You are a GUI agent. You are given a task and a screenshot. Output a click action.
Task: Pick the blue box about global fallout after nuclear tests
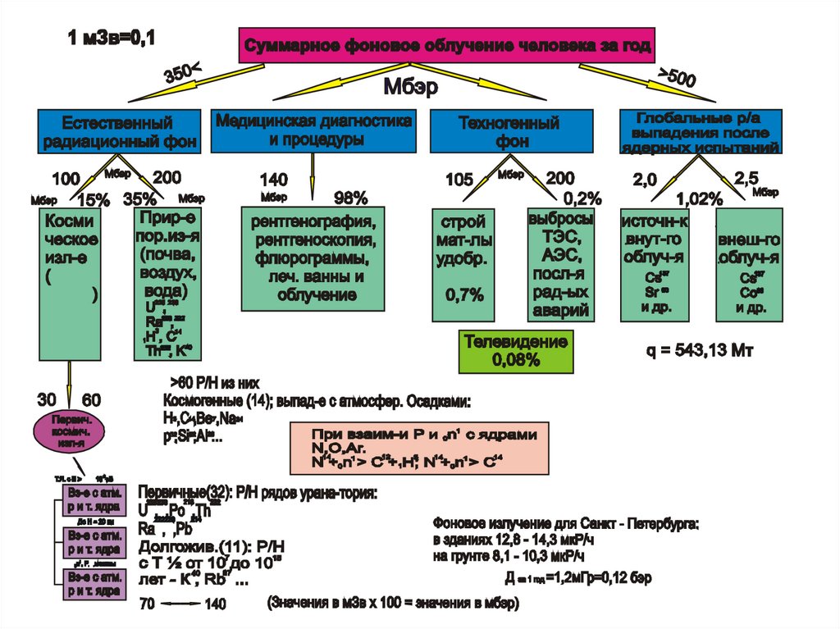pos(700,131)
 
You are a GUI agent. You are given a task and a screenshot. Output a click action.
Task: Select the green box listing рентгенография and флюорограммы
pos(313,258)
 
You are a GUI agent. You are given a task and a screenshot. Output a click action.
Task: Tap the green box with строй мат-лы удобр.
pos(463,264)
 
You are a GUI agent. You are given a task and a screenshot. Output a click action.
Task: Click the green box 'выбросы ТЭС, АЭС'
pos(559,264)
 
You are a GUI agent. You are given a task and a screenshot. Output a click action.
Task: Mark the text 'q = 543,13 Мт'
pos(700,351)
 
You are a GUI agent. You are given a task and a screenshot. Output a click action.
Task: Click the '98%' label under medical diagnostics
pos(350,198)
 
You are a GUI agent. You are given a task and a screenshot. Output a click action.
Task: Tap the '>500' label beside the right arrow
pos(678,79)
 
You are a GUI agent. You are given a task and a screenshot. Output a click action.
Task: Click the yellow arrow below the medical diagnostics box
pos(312,176)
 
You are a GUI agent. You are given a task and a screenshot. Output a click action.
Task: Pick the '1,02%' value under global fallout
pos(699,198)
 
